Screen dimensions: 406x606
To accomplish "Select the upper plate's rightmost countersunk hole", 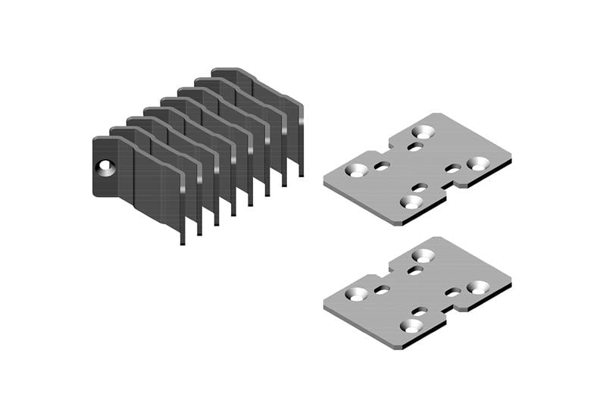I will [478, 163].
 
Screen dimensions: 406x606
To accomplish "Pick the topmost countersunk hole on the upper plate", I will [422, 132].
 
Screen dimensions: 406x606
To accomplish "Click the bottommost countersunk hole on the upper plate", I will [411, 201].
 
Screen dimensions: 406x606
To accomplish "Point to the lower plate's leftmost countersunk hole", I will [356, 294].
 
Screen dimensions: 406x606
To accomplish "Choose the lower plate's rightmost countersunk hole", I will [478, 286].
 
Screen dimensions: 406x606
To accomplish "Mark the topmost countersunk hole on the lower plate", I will [422, 255].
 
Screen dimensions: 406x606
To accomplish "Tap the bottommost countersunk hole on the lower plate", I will [411, 325].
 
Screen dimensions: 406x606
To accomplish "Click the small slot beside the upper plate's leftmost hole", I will [383, 166].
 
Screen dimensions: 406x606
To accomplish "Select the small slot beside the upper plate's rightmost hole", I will [453, 168].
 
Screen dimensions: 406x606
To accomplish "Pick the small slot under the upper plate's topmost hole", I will [415, 146].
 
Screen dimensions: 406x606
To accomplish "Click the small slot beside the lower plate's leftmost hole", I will [383, 289].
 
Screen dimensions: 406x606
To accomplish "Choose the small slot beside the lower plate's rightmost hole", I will [453, 292].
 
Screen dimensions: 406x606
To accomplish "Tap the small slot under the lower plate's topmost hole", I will [415, 270].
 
